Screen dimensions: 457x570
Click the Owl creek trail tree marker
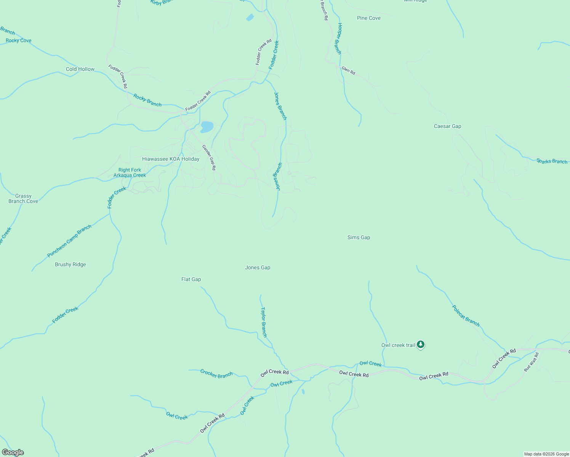coord(420,345)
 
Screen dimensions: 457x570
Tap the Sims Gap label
coord(359,237)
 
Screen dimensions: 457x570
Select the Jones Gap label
coord(258,267)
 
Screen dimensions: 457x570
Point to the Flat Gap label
coord(191,279)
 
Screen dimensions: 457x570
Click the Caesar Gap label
coord(447,126)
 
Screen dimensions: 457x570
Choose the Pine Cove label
coord(368,18)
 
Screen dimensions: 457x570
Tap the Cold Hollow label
coord(80,69)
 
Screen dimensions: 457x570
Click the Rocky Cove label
coord(19,40)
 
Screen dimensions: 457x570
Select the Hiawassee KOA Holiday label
coord(171,159)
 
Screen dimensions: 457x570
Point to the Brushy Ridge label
coord(70,264)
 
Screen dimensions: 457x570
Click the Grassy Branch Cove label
coord(23,198)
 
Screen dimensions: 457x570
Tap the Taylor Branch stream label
coord(264,322)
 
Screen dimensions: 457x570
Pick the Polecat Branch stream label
coord(466,316)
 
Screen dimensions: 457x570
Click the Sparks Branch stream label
coord(552,161)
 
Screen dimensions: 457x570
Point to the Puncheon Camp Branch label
coord(69,241)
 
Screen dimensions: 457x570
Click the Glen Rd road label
coord(348,70)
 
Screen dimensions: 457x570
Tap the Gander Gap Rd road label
coord(209,157)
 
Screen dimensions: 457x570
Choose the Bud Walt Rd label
coord(531,362)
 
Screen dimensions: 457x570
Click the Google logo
coord(13,452)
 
